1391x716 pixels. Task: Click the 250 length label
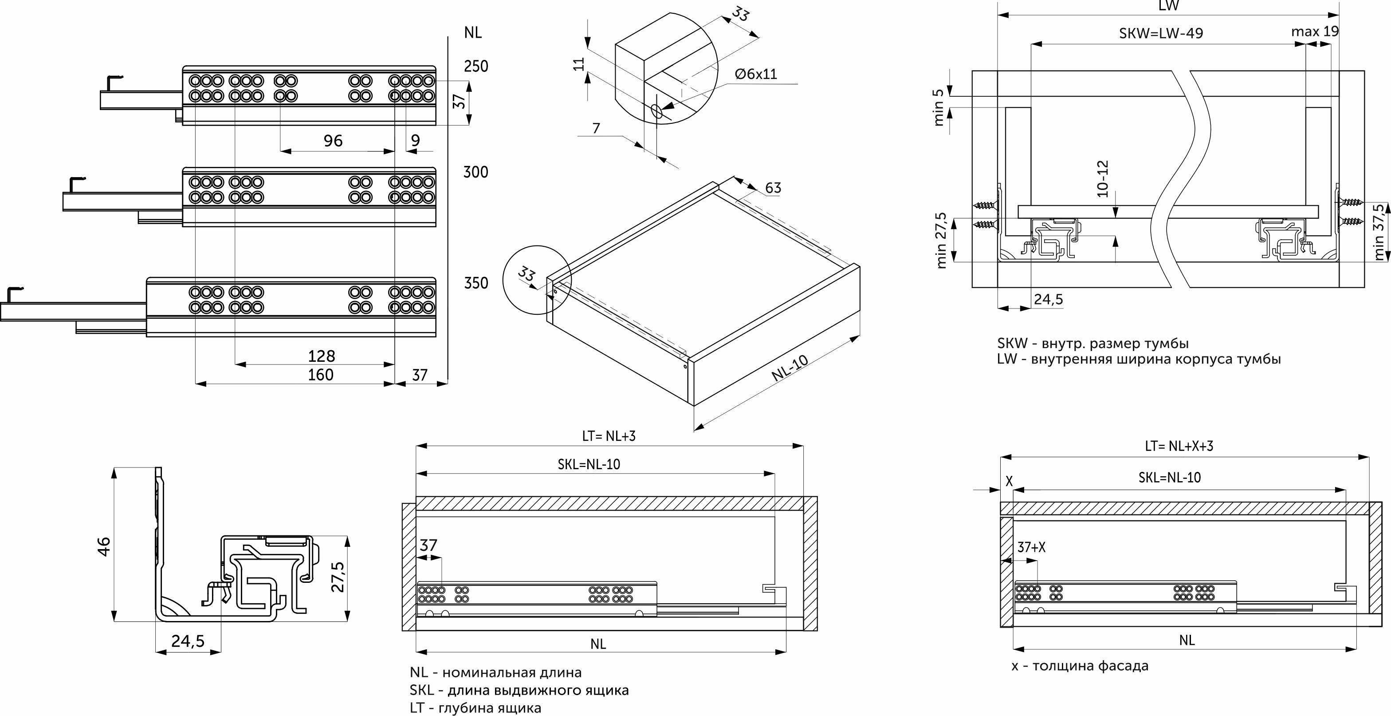pos(476,67)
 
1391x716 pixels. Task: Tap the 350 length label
pos(476,283)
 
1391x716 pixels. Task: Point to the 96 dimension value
pos(333,141)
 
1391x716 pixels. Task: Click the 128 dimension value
pos(321,356)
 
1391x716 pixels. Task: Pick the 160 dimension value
pos(321,375)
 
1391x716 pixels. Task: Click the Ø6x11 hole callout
pos(755,74)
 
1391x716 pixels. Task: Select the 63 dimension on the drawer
pos(773,188)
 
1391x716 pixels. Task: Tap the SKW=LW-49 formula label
pos(1161,33)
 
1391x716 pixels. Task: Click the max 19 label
pos(1315,32)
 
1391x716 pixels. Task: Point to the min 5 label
pos(939,107)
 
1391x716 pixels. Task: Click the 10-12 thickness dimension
pos(1103,178)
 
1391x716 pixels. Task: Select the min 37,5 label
pos(1378,232)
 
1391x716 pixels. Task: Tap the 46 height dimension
pos(103,546)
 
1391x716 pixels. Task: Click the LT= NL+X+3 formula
pos(1179,446)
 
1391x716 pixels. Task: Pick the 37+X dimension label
pos(1031,547)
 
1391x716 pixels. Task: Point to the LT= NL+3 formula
pos(609,436)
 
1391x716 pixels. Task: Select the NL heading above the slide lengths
pos(472,33)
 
